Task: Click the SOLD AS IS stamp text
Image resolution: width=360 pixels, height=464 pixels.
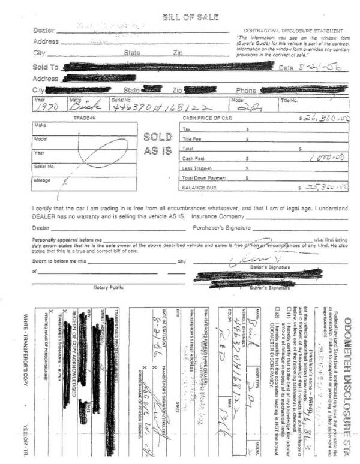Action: [159, 144]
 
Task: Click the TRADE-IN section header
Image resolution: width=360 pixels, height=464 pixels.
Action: [85, 118]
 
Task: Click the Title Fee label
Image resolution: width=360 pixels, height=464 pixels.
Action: [192, 138]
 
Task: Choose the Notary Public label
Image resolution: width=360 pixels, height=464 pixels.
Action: [109, 287]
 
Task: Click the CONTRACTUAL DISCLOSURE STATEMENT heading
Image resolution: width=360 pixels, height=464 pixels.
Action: [293, 30]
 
